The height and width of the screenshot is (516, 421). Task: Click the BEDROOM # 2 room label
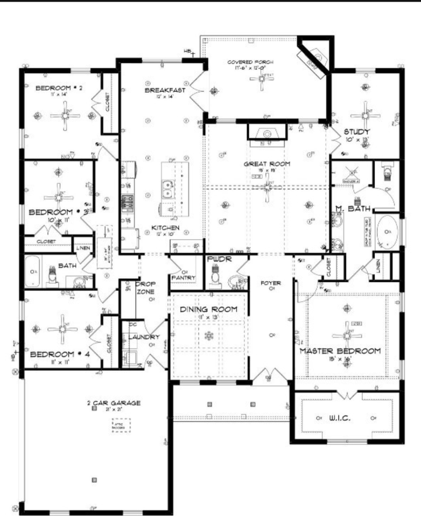click(x=58, y=88)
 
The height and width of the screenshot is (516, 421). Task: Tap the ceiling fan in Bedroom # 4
click(x=63, y=329)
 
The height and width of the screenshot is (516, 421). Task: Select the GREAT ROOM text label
click(x=267, y=164)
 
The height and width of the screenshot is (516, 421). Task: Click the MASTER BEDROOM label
click(x=340, y=350)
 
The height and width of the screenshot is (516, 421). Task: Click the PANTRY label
click(x=184, y=277)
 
